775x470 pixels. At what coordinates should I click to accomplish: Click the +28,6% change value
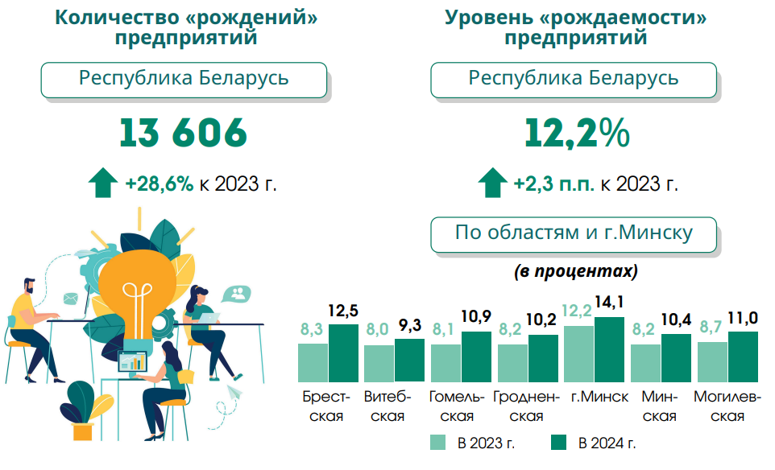pyautogui.click(x=160, y=183)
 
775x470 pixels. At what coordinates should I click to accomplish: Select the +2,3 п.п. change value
pyautogui.click(x=554, y=183)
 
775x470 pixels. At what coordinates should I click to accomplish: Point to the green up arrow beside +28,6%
pyautogui.click(x=102, y=183)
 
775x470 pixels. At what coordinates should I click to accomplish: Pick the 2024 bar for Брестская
pyautogui.click(x=343, y=353)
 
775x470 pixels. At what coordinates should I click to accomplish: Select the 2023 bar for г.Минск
pyautogui.click(x=578, y=354)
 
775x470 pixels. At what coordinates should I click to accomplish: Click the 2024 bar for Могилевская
pyautogui.click(x=743, y=357)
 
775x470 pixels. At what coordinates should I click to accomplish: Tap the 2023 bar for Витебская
pyautogui.click(x=379, y=364)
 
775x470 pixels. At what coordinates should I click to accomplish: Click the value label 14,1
pyautogui.click(x=609, y=303)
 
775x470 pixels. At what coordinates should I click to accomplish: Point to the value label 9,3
pyautogui.click(x=409, y=326)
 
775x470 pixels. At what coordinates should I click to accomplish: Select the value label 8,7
pyautogui.click(x=712, y=328)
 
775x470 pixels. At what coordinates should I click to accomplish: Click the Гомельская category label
pyautogui.click(x=458, y=406)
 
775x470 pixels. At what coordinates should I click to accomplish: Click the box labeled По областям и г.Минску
pyautogui.click(x=574, y=234)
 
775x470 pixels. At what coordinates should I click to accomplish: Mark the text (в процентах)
pyautogui.click(x=576, y=271)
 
